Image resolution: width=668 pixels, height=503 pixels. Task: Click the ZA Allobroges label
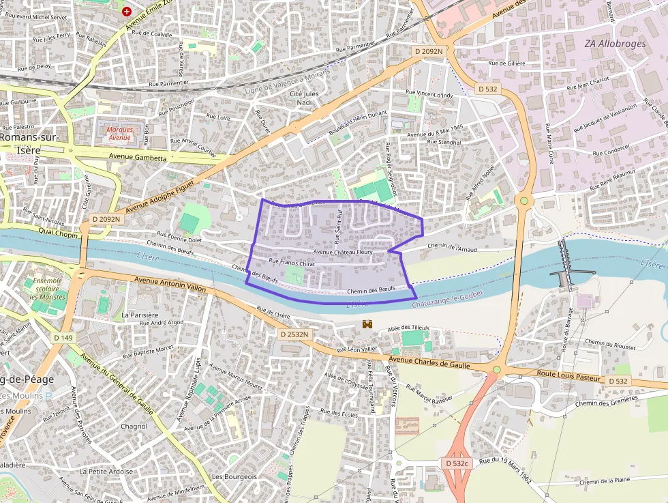click(x=616, y=43)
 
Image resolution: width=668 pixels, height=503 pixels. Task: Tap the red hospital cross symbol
click(x=126, y=11)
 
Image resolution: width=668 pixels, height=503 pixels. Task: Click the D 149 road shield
click(x=63, y=337)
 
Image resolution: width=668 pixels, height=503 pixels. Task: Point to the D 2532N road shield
click(x=294, y=334)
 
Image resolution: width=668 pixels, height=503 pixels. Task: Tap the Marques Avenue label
click(x=119, y=133)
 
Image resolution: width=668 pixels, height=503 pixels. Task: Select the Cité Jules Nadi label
click(x=304, y=98)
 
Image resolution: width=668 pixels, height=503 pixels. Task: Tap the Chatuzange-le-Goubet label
click(x=446, y=293)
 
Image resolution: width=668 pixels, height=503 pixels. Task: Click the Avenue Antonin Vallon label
click(x=170, y=285)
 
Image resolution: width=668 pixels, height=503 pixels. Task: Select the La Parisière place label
click(x=140, y=315)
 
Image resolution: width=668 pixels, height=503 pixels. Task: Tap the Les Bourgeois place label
click(x=234, y=476)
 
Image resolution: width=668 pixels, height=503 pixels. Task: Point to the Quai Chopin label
click(x=59, y=232)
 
